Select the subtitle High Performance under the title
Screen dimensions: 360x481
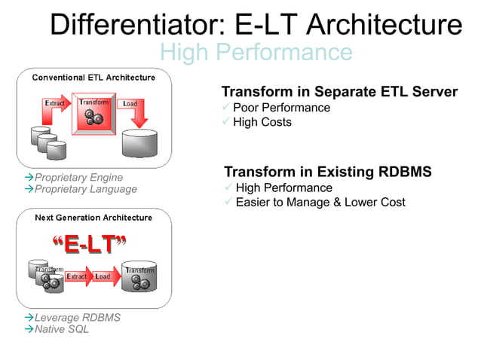[256, 52]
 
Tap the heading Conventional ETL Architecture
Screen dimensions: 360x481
[93, 78]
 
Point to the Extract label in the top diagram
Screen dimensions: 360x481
[55, 102]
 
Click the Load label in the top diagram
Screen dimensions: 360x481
[130, 103]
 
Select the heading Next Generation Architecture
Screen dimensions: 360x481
[93, 218]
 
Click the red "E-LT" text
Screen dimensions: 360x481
[89, 245]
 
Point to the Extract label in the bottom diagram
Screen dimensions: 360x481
[77, 276]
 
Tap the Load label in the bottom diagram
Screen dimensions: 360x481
[103, 276]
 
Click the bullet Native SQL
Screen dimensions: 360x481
[61, 329]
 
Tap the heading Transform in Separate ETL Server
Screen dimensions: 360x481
[339, 92]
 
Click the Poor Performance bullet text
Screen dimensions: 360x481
[281, 108]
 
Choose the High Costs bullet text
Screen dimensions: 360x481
[262, 122]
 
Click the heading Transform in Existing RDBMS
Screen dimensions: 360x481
[328, 172]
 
